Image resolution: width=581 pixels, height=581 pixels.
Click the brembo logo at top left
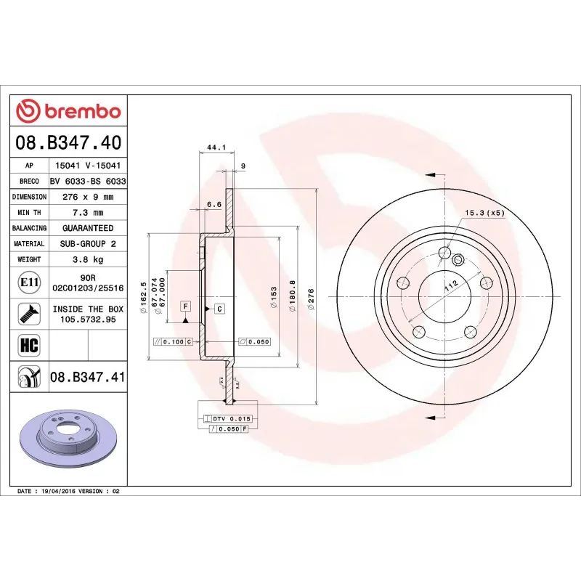[x=68, y=112]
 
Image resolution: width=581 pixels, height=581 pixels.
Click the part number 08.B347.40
[x=68, y=142]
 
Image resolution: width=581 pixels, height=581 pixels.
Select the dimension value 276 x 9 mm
[x=87, y=197]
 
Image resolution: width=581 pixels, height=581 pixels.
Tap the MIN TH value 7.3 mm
[x=87, y=212]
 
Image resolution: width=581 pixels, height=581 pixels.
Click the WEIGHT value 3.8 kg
[x=87, y=259]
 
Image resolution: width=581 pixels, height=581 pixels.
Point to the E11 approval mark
[x=29, y=282]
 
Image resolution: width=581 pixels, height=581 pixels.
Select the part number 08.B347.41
[x=87, y=376]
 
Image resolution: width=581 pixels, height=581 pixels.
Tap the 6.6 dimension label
[x=214, y=205]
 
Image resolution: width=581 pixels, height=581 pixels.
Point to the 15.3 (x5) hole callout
[x=484, y=213]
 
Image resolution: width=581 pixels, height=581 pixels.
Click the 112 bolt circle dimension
[x=450, y=285]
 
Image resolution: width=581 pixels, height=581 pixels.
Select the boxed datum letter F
[x=186, y=306]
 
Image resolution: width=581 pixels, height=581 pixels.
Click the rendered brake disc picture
[x=67, y=439]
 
